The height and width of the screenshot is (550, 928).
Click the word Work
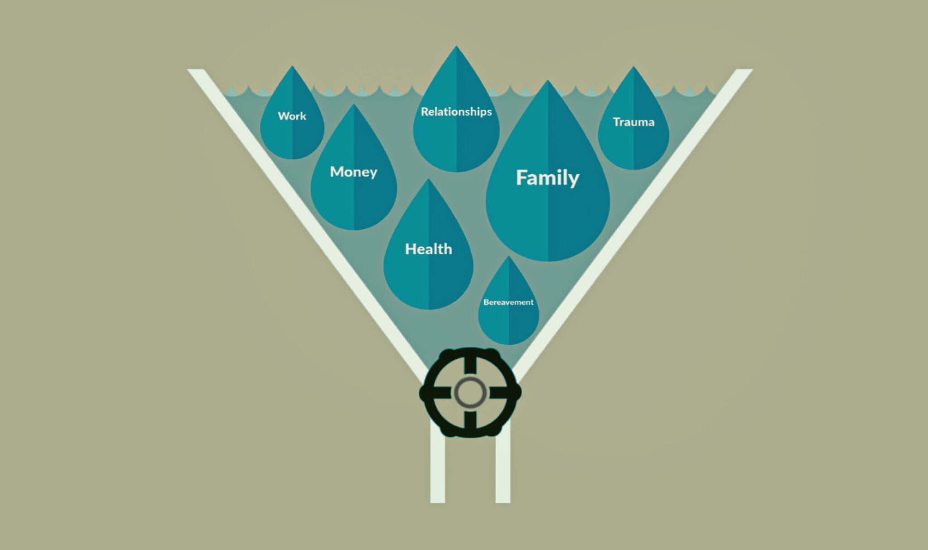tap(292, 116)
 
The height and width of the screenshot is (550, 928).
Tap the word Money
tap(353, 172)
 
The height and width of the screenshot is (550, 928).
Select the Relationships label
tap(456, 112)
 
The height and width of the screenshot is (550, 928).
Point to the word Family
tap(547, 178)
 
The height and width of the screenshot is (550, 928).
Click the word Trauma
tap(633, 122)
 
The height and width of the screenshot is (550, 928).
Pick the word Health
tap(428, 249)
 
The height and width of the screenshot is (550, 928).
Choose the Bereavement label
tap(508, 302)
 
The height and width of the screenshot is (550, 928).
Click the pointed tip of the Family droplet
tap(548, 80)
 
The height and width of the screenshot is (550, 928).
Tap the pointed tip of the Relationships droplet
tap(456, 46)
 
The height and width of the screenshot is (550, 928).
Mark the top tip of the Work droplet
tap(292, 66)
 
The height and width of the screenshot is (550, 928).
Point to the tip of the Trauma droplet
tap(633, 67)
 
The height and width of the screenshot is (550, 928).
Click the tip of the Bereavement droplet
tap(508, 256)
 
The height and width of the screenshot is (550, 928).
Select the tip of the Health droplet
tap(428, 179)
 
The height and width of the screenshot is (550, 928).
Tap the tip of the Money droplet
tap(354, 104)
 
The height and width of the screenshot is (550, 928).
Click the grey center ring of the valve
tap(470, 392)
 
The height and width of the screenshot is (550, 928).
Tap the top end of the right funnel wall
tap(744, 69)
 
